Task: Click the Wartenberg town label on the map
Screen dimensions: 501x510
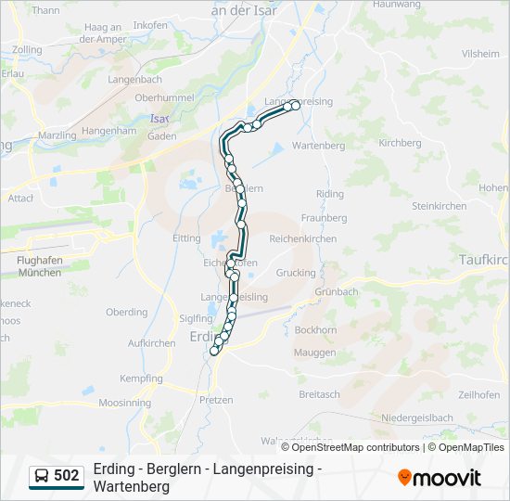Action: (x=318, y=146)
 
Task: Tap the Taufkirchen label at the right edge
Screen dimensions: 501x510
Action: (x=484, y=261)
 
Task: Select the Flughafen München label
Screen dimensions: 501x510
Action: (x=39, y=267)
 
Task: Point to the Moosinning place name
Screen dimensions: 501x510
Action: (x=124, y=404)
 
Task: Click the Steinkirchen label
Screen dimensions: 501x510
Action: (x=439, y=205)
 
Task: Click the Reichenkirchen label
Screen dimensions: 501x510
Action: (x=303, y=238)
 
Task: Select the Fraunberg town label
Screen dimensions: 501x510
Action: (x=324, y=218)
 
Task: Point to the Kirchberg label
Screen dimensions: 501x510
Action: (x=400, y=144)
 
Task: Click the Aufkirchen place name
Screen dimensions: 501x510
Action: (x=152, y=343)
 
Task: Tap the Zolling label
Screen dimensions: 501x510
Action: (x=28, y=49)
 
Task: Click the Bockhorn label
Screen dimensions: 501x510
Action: (x=315, y=330)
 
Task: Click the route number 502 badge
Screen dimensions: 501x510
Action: (x=66, y=476)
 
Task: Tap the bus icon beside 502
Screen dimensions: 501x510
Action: (x=42, y=476)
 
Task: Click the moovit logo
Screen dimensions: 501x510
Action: (x=440, y=478)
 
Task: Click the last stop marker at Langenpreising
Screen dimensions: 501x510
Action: (x=296, y=106)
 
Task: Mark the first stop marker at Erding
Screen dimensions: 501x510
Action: (x=214, y=351)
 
